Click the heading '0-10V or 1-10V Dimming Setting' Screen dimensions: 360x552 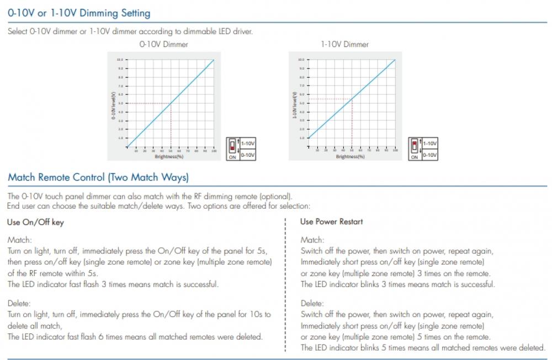(79, 12)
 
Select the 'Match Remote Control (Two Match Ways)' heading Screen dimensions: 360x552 (98, 177)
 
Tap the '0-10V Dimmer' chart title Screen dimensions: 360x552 (163, 44)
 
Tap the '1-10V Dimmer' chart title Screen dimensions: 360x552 (344, 44)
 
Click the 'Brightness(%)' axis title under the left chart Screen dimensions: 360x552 (169, 156)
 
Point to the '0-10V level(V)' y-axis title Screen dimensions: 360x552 (114, 104)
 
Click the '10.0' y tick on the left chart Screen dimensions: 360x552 (120, 60)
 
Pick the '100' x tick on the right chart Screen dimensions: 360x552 (395, 150)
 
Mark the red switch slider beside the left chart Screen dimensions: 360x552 (232, 146)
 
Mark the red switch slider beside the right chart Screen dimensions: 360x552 (414, 145)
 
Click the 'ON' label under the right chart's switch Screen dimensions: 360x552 (414, 157)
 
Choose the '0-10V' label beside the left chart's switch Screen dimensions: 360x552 (248, 155)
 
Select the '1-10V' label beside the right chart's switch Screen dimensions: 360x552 (430, 143)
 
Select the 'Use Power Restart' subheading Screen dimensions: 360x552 (331, 221)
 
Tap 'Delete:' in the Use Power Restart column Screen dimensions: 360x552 (312, 303)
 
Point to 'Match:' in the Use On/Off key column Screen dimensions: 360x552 (20, 240)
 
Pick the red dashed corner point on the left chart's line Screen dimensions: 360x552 (171, 103)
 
